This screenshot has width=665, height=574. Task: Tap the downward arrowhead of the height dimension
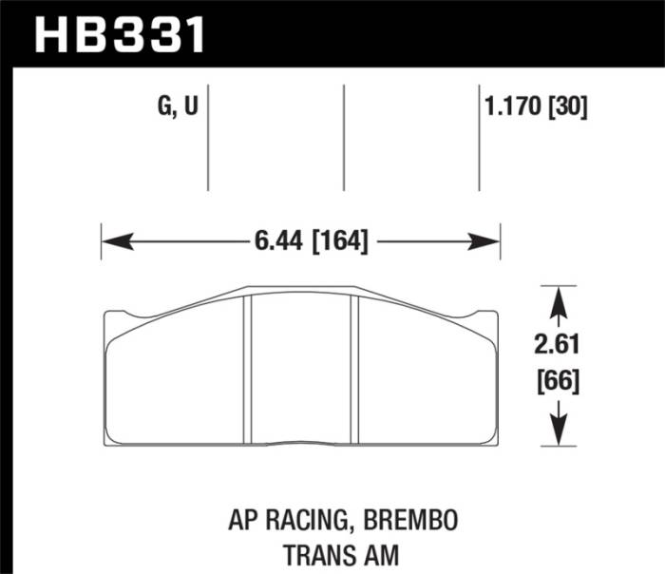(559, 430)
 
